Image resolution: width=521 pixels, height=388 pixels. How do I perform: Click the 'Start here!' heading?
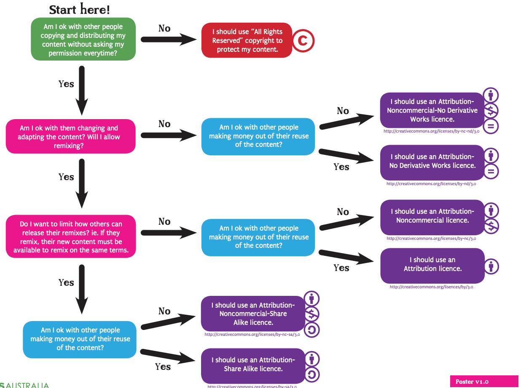coord(80,9)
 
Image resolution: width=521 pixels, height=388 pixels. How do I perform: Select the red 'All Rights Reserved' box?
coord(247,40)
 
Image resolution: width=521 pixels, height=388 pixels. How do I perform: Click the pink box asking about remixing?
coord(70,137)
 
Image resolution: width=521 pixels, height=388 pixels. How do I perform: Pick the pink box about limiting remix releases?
coord(70,237)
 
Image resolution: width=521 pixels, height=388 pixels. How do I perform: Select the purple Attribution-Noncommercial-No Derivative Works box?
coord(432,110)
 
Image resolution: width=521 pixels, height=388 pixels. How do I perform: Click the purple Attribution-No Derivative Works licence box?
coord(432,161)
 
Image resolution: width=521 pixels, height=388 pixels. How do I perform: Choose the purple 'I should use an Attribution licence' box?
coord(432,265)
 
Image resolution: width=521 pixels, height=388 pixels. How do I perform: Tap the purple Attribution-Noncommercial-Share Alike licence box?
coord(252,314)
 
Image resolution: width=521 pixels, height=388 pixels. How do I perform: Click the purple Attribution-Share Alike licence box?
coord(252,364)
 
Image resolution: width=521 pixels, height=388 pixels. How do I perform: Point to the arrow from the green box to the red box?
coord(169,40)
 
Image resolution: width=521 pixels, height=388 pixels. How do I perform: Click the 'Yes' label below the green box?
coord(66,84)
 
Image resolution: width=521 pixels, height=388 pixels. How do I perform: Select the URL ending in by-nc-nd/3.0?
coord(431,131)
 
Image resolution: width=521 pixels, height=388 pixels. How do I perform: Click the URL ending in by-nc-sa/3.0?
coord(252,335)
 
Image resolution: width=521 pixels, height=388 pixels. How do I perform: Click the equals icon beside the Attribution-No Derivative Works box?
coord(491,171)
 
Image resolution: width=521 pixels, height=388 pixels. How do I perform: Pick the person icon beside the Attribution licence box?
coord(491,266)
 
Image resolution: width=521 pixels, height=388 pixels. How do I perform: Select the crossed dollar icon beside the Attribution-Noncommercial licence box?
coord(491,226)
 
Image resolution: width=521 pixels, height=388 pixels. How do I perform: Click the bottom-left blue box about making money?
coord(80,339)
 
